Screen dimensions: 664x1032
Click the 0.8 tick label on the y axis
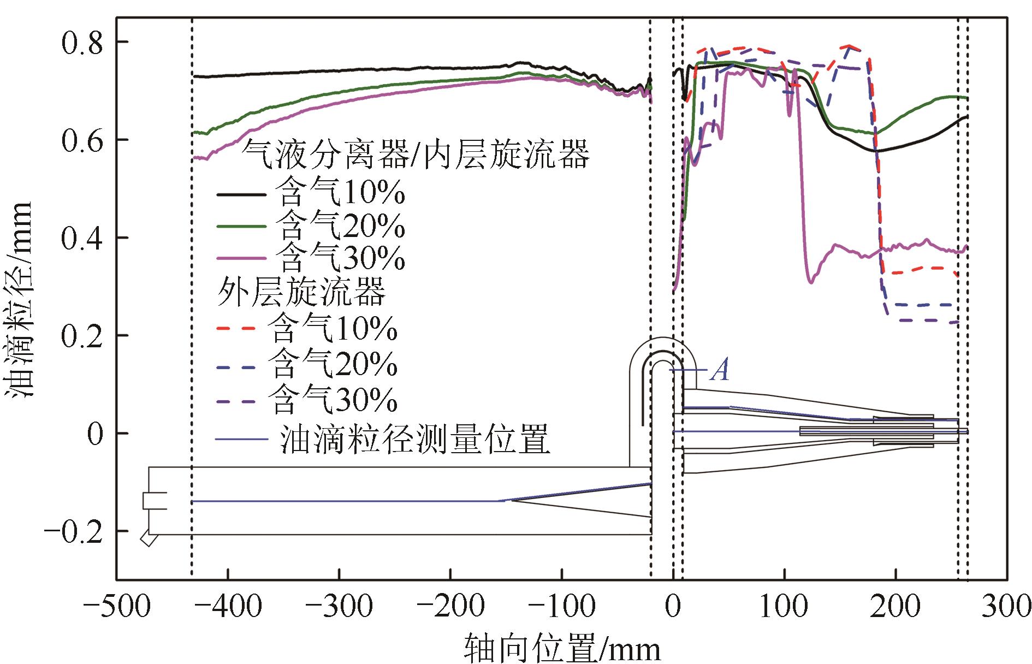(82, 42)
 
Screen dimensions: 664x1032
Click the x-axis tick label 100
(785, 606)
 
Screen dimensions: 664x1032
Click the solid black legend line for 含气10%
(241, 194)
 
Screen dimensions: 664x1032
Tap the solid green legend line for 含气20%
(241, 226)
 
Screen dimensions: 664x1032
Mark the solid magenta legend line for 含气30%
(241, 257)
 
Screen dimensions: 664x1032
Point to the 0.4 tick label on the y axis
(82, 238)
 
